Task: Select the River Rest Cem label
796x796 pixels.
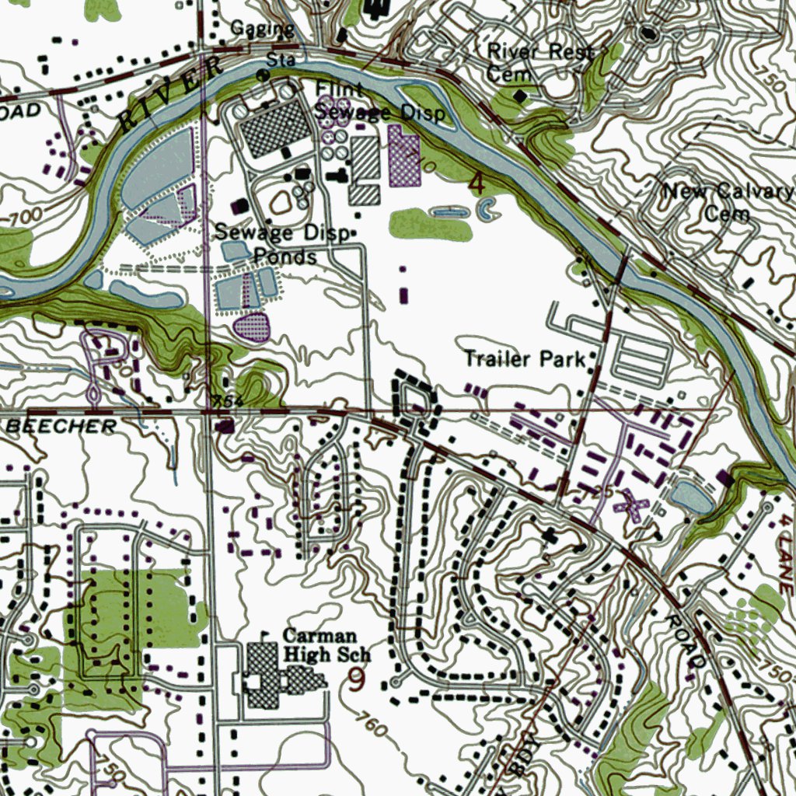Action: coord(539,62)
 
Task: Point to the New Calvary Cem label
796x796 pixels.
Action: coord(728,202)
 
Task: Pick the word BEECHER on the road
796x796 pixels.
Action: coord(62,426)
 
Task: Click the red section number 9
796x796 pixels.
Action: coord(356,681)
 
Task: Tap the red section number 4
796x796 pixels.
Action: coord(477,184)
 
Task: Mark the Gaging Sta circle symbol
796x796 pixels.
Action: coord(263,75)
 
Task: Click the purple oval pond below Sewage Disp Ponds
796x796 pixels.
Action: coord(251,326)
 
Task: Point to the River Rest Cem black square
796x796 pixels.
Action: coord(519,96)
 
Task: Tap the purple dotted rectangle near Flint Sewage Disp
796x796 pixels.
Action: coord(403,158)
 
